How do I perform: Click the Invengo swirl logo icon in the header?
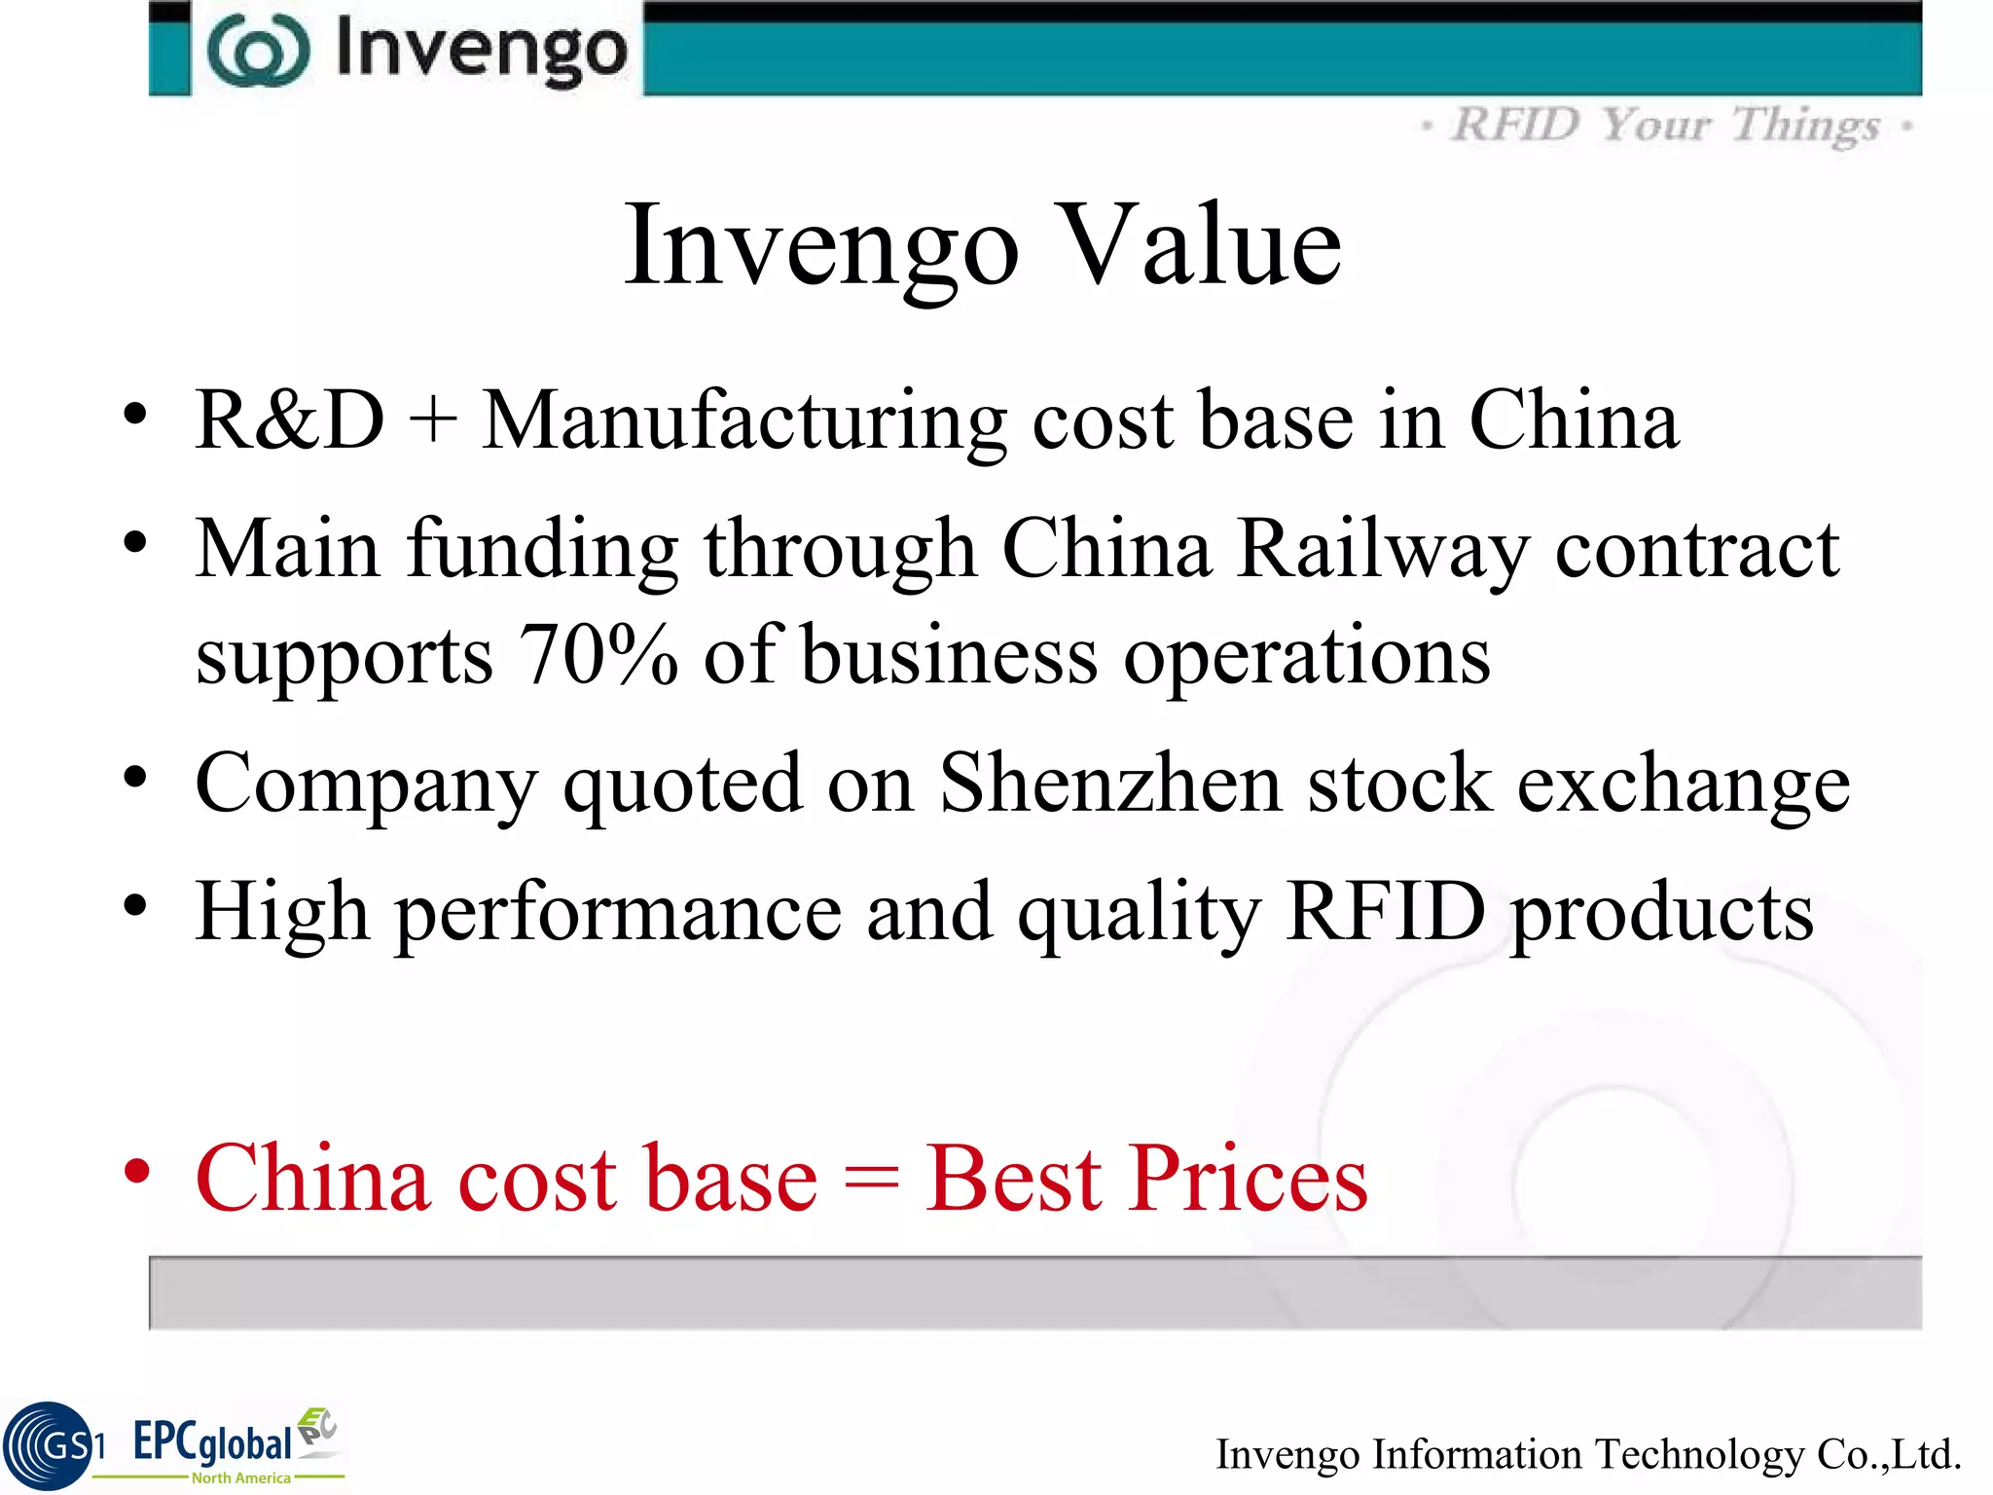pyautogui.click(x=259, y=51)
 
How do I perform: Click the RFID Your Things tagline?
pyautogui.click(x=1666, y=126)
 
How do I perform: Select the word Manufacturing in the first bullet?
pyautogui.click(x=744, y=421)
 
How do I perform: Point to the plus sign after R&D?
pyautogui.click(x=433, y=422)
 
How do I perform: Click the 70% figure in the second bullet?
pyautogui.click(x=598, y=655)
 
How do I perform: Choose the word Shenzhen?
pyautogui.click(x=1110, y=784)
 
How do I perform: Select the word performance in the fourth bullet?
pyautogui.click(x=618, y=913)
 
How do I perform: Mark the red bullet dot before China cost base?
pyautogui.click(x=137, y=1171)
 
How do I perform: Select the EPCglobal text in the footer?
pyautogui.click(x=212, y=1441)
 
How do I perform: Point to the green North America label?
pyautogui.click(x=240, y=1477)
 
